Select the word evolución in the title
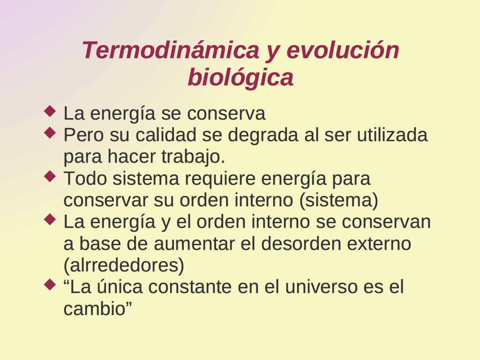(343, 50)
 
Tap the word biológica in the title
(240, 78)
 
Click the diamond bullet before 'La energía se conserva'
(50, 111)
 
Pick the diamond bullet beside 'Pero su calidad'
(50, 133)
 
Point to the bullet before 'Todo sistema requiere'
(50, 176)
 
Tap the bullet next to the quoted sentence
(50, 285)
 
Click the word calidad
(165, 135)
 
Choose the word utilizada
(392, 135)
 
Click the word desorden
(301, 243)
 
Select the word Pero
(83, 135)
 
